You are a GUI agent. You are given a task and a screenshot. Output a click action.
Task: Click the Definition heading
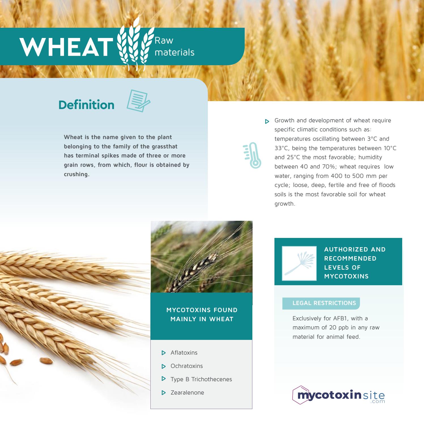click(x=86, y=105)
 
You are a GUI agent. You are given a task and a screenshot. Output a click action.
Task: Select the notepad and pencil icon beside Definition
click(x=138, y=101)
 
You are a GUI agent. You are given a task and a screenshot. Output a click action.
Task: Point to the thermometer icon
click(x=253, y=155)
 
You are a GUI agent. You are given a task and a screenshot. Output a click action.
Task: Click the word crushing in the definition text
click(x=76, y=174)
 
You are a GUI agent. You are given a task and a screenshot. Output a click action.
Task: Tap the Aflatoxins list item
click(x=184, y=353)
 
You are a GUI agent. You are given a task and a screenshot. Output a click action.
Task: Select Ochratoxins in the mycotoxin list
click(x=186, y=366)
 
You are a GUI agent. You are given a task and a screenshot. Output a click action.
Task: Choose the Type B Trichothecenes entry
click(x=201, y=379)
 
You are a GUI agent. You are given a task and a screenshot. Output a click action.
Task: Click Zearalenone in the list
click(x=187, y=393)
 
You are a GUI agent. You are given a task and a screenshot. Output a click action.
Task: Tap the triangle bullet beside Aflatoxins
click(x=163, y=353)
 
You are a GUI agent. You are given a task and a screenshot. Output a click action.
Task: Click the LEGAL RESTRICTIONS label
click(x=324, y=303)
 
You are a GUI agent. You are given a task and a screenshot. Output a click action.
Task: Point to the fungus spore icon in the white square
click(x=299, y=263)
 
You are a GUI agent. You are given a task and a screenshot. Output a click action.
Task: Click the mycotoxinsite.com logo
click(x=339, y=395)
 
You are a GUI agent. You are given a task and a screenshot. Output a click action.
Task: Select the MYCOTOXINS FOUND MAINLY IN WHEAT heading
click(x=202, y=314)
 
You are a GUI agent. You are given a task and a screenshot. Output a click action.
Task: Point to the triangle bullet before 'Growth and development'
click(x=267, y=122)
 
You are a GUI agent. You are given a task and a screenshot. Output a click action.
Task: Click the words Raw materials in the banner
click(x=174, y=46)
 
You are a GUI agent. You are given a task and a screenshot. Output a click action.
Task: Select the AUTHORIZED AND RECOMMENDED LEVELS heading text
click(x=355, y=263)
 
